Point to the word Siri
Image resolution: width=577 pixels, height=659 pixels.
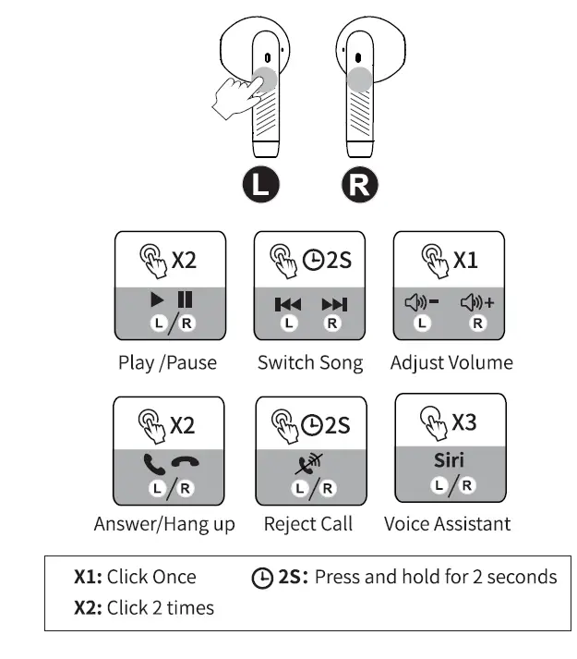point(450,460)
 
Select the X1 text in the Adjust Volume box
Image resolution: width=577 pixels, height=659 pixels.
point(464,260)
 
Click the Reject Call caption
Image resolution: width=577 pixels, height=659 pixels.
point(308,524)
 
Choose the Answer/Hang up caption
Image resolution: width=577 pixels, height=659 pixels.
point(164,524)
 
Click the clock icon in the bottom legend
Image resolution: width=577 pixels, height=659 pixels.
point(262,578)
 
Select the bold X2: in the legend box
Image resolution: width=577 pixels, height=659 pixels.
point(89,607)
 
